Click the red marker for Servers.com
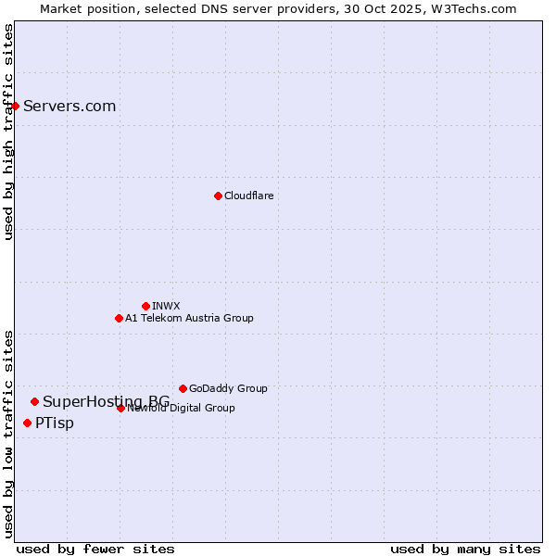[x=15, y=106]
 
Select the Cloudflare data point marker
[x=218, y=196]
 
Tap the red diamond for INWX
[x=145, y=306]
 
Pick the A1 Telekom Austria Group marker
[x=119, y=318]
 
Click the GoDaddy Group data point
[x=183, y=388]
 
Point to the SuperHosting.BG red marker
[x=34, y=401]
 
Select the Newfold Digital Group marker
[x=120, y=408]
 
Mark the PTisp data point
[x=27, y=423]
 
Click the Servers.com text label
[x=69, y=106]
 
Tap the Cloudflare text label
[x=248, y=196]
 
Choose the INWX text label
[x=166, y=306]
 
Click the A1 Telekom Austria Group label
[x=189, y=318]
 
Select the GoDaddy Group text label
[x=228, y=388]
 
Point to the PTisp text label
[x=55, y=423]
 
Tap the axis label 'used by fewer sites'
[x=95, y=549]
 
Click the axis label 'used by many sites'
[x=465, y=549]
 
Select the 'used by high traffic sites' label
[x=8, y=132]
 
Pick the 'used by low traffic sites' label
[x=8, y=433]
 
